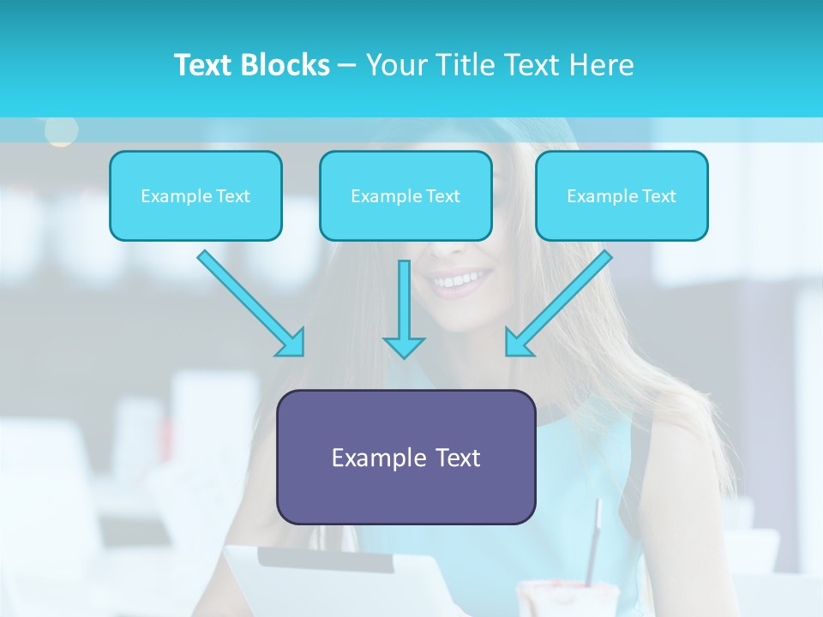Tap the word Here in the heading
[x=603, y=65]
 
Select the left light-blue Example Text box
[x=195, y=195]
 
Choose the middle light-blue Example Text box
[x=405, y=195]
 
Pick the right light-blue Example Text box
[x=622, y=195]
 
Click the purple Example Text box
[x=405, y=457]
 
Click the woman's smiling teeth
[x=462, y=279]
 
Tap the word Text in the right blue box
[x=659, y=195]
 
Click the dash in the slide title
[x=347, y=65]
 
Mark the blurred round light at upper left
[x=61, y=130]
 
